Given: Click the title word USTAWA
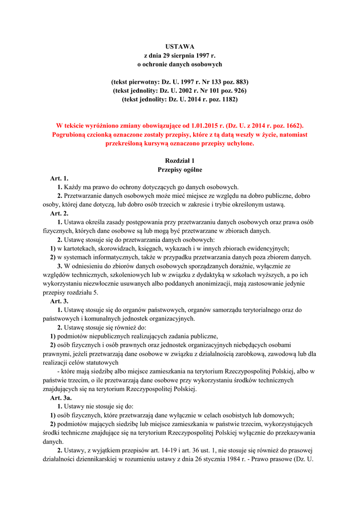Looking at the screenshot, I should pyautogui.click(x=180, y=46).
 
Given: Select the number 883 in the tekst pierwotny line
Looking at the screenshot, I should pyautogui.click(x=240, y=82).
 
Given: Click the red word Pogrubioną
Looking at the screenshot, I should pyautogui.click(x=69, y=135).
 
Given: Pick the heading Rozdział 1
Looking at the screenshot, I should pyautogui.click(x=180, y=161).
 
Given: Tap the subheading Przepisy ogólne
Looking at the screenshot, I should pyautogui.click(x=180, y=170).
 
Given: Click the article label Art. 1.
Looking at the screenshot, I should pyautogui.click(x=59, y=178).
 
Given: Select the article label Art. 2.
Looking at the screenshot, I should pyautogui.click(x=59, y=213).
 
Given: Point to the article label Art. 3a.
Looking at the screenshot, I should pyautogui.click(x=61, y=398).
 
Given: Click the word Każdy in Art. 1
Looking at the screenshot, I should pyautogui.click(x=72, y=187).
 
